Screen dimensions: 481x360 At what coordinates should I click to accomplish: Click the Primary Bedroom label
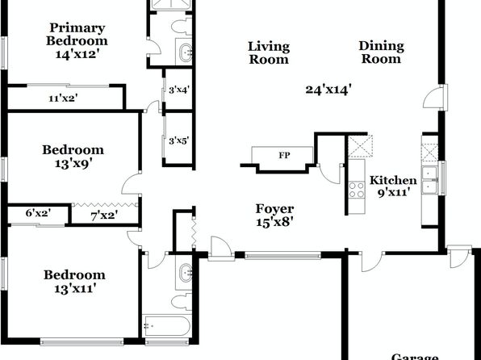click(x=77, y=34)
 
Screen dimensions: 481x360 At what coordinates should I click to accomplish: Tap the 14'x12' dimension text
click(x=77, y=54)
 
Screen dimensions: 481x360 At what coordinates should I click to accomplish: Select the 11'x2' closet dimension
click(x=63, y=98)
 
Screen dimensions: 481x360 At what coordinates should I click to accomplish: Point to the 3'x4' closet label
click(x=179, y=90)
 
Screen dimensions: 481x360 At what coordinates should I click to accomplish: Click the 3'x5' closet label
click(x=179, y=141)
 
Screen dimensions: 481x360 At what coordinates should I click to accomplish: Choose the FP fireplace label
click(x=284, y=155)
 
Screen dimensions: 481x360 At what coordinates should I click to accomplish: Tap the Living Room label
click(x=269, y=52)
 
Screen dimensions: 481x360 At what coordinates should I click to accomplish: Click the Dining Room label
click(x=381, y=52)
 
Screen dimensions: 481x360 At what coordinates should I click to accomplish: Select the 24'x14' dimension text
click(x=328, y=90)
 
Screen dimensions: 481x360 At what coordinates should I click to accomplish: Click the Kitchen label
click(x=393, y=180)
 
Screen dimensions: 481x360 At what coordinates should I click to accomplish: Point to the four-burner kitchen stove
click(x=357, y=190)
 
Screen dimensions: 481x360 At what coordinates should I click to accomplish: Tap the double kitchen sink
click(x=429, y=180)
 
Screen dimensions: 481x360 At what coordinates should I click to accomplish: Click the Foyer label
click(x=275, y=209)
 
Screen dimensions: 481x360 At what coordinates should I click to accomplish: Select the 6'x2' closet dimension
click(x=39, y=213)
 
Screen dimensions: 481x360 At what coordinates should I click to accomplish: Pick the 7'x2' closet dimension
click(x=104, y=216)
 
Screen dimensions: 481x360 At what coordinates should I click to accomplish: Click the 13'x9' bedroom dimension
click(x=73, y=164)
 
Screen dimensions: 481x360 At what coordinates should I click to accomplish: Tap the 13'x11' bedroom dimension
click(x=76, y=288)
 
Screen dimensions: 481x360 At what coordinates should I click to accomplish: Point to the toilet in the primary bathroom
click(x=182, y=27)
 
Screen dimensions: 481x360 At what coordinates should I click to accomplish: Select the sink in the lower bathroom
click(x=186, y=272)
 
